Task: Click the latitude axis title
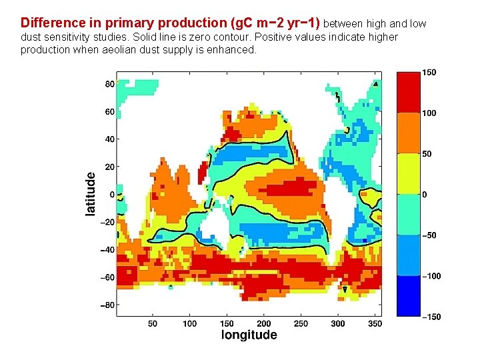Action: click(x=91, y=194)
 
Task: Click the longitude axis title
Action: click(x=249, y=335)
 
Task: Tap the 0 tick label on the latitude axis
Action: click(x=111, y=194)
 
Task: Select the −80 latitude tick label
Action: click(x=106, y=305)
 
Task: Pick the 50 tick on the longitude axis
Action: click(x=152, y=323)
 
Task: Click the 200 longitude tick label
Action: click(x=264, y=323)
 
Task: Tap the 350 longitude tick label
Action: click(x=376, y=323)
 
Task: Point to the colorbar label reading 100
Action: click(x=428, y=113)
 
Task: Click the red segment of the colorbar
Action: click(x=408, y=92)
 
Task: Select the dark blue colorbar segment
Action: click(x=408, y=295)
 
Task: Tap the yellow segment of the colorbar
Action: click(x=408, y=173)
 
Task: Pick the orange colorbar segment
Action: click(x=408, y=133)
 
